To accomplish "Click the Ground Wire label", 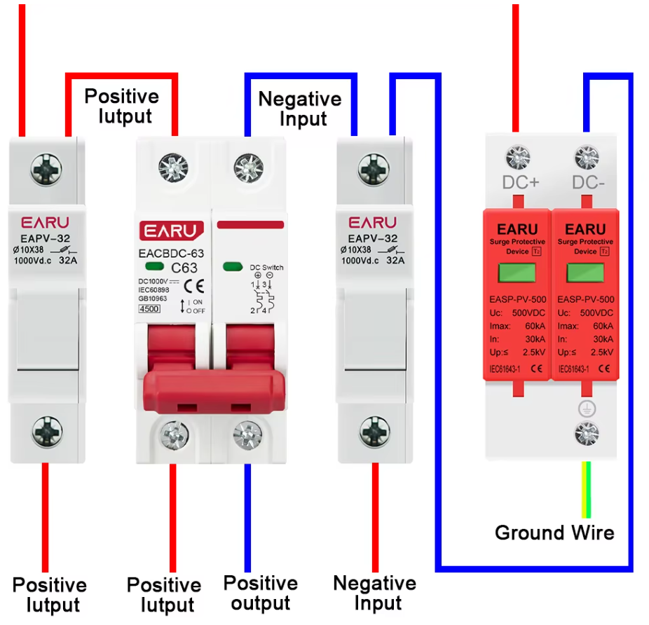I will (554, 533).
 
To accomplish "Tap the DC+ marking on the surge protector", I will (521, 183).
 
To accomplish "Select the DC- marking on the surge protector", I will (587, 183).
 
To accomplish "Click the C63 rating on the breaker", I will (184, 267).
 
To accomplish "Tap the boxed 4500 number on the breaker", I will (149, 308).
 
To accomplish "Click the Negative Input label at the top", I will (300, 109).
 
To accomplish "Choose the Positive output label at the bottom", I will (261, 593).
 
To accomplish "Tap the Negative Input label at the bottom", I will (374, 593).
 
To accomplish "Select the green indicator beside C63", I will (154, 267).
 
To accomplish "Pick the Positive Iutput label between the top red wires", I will (121, 106).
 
